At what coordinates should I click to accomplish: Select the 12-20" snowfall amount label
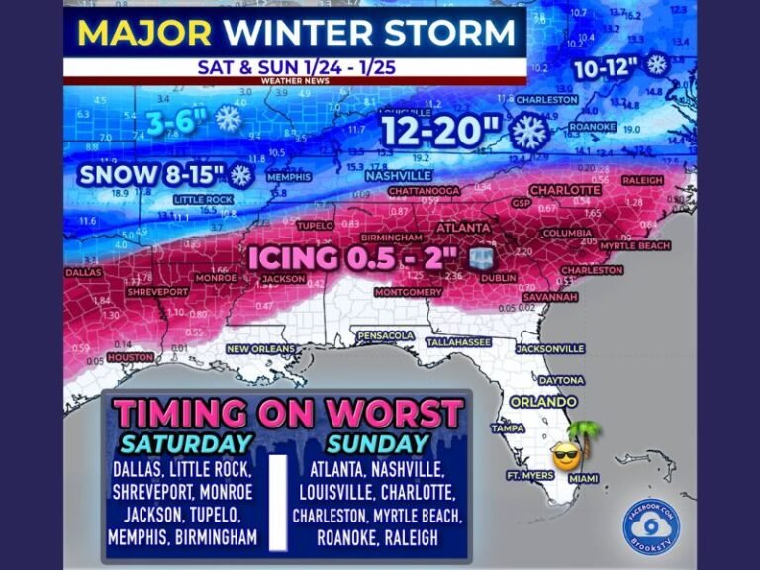tap(443, 133)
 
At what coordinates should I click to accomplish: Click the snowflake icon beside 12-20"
tap(528, 132)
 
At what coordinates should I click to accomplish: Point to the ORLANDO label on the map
tap(543, 402)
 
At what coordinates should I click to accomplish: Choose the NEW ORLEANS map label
tap(261, 350)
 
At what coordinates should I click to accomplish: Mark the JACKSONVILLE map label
tap(553, 348)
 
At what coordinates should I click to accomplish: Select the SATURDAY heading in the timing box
tap(187, 443)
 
